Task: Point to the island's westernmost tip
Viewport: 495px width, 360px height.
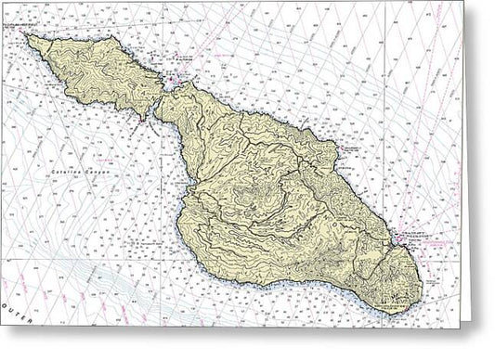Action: tap(27, 37)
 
